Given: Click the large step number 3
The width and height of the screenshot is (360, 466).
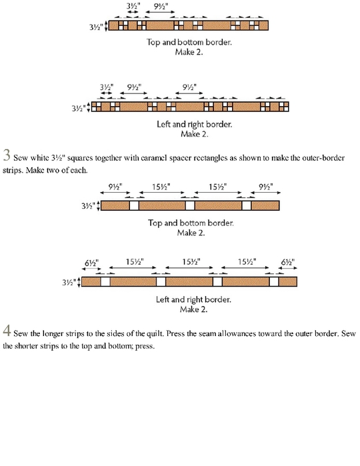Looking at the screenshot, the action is tap(7, 155).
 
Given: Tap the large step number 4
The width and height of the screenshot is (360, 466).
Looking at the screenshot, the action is tap(7, 331).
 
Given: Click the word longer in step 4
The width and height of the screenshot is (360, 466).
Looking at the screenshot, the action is tap(53, 334).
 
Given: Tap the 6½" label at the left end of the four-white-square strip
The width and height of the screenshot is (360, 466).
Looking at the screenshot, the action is tap(91, 263).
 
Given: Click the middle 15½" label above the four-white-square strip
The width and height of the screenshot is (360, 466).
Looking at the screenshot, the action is tap(191, 262).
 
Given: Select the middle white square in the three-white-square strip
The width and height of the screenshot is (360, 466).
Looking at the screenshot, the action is tap(190, 205).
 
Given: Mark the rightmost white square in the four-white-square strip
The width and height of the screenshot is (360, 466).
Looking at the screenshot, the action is tap(274, 281).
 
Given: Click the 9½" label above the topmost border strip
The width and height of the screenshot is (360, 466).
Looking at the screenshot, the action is tap(161, 6).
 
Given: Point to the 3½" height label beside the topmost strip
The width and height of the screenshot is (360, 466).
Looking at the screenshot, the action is tap(96, 27).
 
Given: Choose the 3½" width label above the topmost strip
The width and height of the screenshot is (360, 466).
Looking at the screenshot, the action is tap(133, 6).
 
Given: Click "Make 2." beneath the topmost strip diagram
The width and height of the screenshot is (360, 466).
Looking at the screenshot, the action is tap(189, 52).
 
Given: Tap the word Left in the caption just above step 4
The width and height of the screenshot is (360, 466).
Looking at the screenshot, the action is tap(162, 299).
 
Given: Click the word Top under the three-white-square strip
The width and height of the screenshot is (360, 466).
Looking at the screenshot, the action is tap(154, 223).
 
